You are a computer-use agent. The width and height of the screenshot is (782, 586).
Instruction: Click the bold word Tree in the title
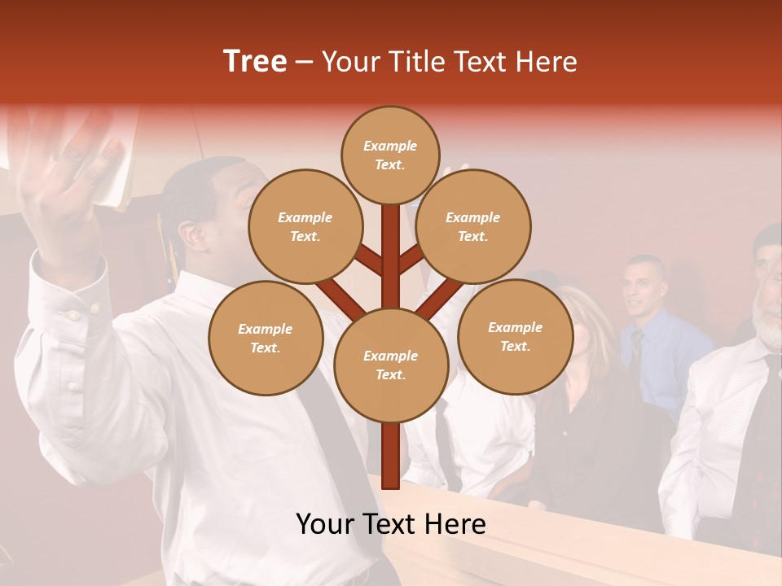255,61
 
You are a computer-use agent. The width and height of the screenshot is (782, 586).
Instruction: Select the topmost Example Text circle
390,155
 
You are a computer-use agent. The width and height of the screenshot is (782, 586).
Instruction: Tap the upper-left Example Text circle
305,226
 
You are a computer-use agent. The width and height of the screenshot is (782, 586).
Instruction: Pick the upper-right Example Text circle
472,226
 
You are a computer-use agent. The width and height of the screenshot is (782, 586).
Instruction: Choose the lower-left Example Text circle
265,338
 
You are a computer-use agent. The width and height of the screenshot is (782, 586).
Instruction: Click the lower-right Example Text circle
515,336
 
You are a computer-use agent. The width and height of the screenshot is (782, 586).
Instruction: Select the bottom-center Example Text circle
390,365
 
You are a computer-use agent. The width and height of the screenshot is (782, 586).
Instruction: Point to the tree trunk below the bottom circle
390,456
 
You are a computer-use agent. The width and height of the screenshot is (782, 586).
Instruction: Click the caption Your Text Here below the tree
390,524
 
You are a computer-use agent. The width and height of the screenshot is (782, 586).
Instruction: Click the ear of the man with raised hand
192,235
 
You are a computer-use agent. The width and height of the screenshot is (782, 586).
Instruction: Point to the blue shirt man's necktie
636,350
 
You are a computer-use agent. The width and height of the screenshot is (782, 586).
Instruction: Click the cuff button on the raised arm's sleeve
74,315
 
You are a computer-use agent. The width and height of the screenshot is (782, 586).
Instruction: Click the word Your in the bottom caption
326,524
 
